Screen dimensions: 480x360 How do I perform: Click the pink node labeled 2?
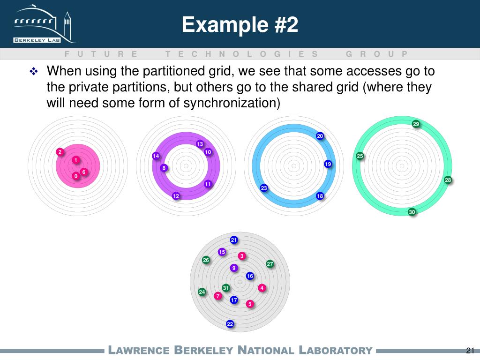click(60, 152)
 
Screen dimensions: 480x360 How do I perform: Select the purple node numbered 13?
click(200, 144)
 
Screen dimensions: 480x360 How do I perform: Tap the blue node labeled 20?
click(320, 136)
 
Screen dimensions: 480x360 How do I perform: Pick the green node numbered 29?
click(416, 124)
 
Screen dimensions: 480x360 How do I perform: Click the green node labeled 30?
click(412, 212)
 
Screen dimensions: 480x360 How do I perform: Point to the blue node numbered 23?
click(264, 188)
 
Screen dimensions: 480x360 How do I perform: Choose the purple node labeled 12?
click(176, 196)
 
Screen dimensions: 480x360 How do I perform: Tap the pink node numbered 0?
click(75, 176)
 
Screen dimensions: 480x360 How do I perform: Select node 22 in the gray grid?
click(230, 324)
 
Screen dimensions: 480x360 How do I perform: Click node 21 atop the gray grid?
click(234, 240)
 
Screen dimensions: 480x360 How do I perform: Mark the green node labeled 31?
click(225, 287)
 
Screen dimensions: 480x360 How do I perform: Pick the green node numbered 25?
click(360, 156)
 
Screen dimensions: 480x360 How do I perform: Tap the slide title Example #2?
click(240, 24)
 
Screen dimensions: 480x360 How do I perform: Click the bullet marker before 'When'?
click(34, 72)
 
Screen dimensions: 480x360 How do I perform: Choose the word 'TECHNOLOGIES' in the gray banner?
click(241, 54)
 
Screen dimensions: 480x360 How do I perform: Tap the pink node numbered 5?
click(250, 304)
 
